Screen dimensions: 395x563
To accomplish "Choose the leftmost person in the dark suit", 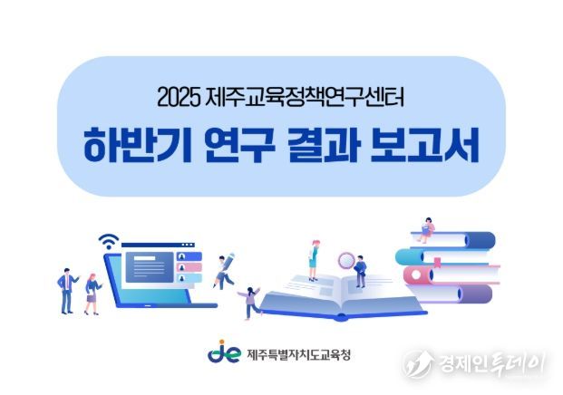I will click(x=66, y=290).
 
